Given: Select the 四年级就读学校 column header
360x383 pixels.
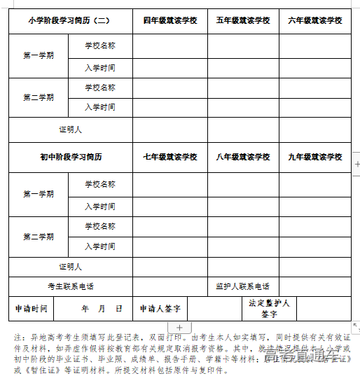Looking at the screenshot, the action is pos(170,21).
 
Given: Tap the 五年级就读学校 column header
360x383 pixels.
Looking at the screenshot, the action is pos(243,21).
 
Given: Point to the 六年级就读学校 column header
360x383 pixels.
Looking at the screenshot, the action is pos(315,21).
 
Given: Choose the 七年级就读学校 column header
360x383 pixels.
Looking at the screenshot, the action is pos(170,158).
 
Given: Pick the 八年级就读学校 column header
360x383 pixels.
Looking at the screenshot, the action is pos(243,158).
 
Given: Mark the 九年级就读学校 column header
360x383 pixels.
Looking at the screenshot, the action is pos(315,158).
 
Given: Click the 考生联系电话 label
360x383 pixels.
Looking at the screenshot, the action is pos(71,286).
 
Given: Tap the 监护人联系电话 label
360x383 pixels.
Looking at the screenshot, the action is pos(243,286).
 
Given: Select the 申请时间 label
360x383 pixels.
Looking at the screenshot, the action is pos(32,308).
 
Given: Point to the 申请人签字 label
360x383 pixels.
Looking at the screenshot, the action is pos(160,308).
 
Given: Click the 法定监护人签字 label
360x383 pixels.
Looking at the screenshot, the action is pos(270,308).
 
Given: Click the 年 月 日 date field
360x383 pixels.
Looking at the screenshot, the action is pos(102,308).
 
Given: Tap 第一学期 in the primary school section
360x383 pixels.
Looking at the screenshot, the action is pos(39,55).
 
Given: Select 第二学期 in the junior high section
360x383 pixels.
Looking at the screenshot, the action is pos(39,237).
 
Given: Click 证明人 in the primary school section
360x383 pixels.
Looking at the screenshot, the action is pos(71,130).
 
